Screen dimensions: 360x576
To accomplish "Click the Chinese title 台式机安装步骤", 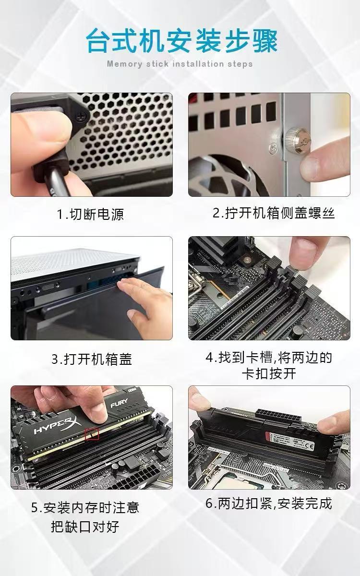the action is (x=182, y=41).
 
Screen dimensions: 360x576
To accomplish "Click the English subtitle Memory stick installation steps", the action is (x=180, y=64).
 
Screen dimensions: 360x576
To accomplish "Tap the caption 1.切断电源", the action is (x=91, y=214).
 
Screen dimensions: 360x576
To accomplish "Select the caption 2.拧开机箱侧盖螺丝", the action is (x=274, y=213).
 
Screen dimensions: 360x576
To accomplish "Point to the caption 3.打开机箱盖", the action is (x=92, y=359).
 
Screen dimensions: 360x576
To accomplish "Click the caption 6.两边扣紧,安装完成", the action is (x=269, y=503).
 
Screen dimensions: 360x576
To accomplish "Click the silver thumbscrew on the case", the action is (x=298, y=140).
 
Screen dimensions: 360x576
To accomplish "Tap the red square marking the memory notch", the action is (x=92, y=433).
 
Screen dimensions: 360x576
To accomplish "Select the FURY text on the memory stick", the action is (x=119, y=403).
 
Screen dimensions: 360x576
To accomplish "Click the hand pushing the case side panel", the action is (x=144, y=305).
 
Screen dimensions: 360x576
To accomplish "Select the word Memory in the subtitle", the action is (x=124, y=64).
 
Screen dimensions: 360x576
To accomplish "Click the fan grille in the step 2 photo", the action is (x=226, y=175).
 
